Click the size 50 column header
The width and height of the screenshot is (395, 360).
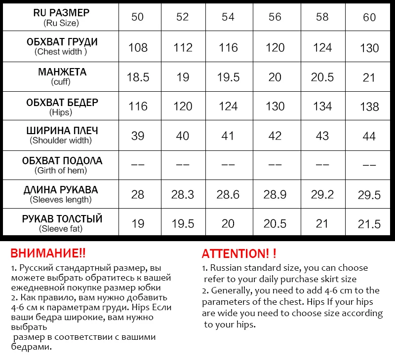pos(138,17)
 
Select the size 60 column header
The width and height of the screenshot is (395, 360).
pos(369,18)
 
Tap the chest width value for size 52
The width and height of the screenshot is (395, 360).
pos(183,48)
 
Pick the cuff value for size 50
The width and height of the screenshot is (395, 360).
pos(138,77)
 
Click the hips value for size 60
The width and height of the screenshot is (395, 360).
pos(369,107)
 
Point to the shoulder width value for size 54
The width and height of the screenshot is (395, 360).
pos(228,136)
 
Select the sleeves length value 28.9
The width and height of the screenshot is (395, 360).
pos(275,194)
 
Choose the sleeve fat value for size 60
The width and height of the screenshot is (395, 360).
pos(369,224)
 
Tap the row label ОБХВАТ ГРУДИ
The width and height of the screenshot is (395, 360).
pos(62,42)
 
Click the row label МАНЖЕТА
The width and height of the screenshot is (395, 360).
pos(62,72)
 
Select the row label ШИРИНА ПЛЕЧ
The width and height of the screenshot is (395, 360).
pos(62,131)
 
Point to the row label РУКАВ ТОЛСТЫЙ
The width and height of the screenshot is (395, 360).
pos(62,218)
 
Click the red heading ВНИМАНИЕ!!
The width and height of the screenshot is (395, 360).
pos(48,253)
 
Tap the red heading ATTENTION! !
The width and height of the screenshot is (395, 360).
pos(239,254)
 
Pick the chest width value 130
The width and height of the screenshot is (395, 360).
pos(369,48)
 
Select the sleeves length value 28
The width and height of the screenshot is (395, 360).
pos(138,194)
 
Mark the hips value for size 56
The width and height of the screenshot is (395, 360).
pos(275,107)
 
